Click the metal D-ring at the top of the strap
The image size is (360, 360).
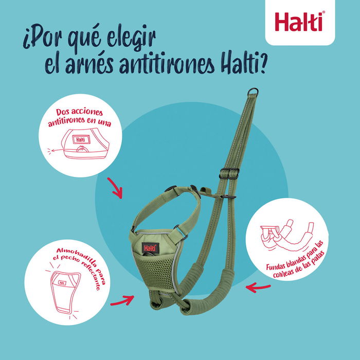pyautogui.click(x=252, y=93)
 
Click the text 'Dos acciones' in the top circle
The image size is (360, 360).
pyautogui.click(x=82, y=114)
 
